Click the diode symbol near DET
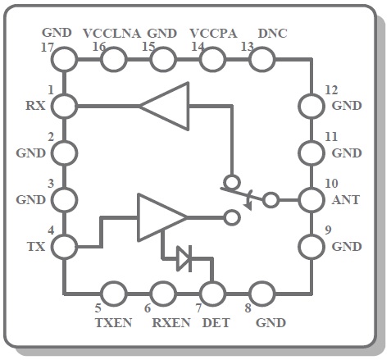[184, 258]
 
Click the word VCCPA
[213, 34]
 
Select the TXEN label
[114, 323]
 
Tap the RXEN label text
[171, 323]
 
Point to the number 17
[48, 48]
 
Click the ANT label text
[346, 200]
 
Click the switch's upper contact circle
[232, 182]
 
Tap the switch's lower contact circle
[232, 218]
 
